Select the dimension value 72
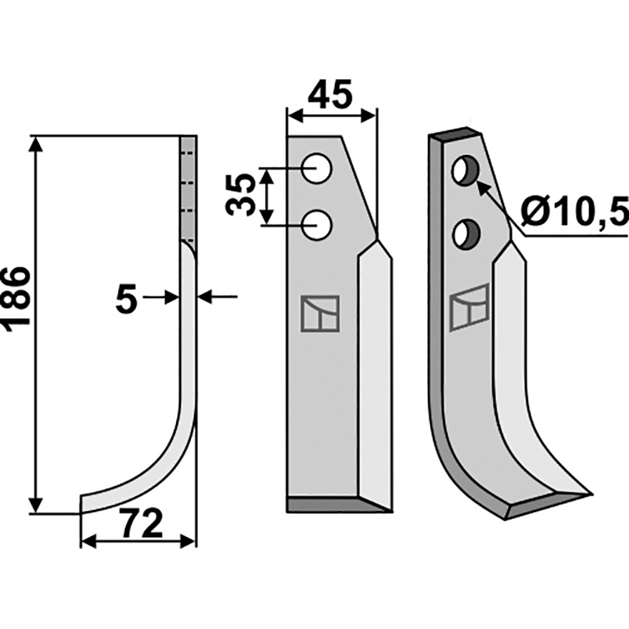tap(142, 523)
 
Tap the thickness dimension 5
tap(127, 299)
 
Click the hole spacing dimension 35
tap(241, 195)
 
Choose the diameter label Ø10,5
tap(573, 211)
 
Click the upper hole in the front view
tap(318, 169)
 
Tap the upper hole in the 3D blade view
tap(464, 171)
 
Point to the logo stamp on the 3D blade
tap(469, 307)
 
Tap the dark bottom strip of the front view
tap(334, 504)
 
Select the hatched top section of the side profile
tap(189, 189)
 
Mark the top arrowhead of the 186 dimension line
tap(34, 142)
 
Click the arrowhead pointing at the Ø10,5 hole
tap(482, 187)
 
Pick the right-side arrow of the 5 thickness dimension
tap(208, 296)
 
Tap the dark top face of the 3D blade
tap(454, 134)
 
